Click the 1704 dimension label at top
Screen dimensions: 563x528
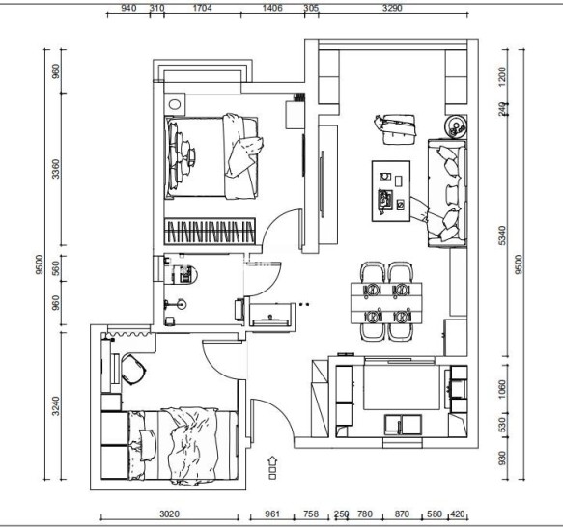(203, 8)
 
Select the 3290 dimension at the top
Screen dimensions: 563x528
(392, 8)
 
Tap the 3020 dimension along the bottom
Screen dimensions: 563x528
(169, 514)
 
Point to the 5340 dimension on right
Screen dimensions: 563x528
(502, 236)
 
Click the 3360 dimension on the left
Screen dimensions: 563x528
(56, 169)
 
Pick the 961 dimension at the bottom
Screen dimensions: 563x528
(272, 514)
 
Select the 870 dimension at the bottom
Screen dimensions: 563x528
(402, 514)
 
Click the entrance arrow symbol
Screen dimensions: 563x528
(272, 467)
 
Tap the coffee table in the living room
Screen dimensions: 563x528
(391, 191)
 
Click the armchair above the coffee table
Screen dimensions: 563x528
(396, 129)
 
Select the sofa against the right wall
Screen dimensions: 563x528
(447, 193)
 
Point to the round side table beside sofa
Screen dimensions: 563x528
(456, 126)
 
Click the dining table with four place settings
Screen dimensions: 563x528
(386, 302)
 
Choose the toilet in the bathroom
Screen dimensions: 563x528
(184, 274)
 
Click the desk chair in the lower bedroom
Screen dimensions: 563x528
(133, 369)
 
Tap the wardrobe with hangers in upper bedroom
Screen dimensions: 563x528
(210, 232)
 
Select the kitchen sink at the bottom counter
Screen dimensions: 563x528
(403, 425)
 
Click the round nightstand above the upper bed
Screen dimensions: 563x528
(175, 104)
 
